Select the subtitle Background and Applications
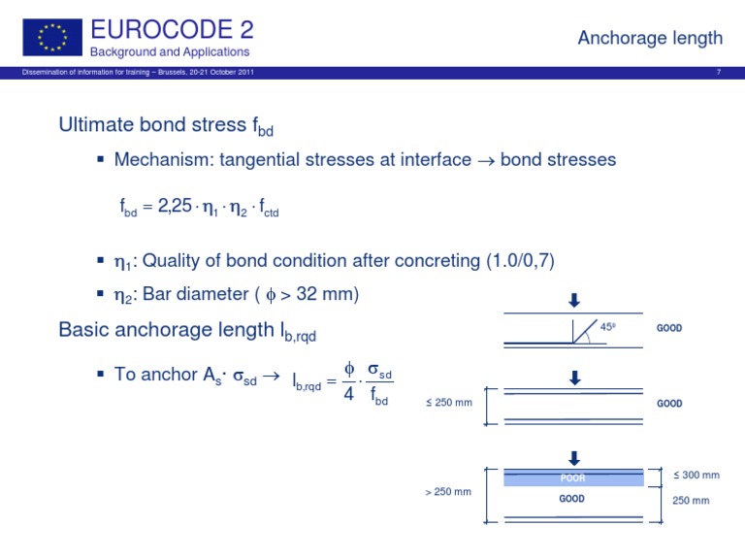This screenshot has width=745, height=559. coord(170,51)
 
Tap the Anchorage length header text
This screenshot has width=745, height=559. coord(650,38)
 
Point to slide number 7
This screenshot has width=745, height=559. coord(718,72)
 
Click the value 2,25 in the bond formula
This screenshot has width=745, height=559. coord(175,206)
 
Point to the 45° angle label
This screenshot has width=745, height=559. coord(608,327)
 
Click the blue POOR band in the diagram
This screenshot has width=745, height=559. coord(573,478)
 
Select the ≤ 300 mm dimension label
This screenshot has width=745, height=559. coord(696,475)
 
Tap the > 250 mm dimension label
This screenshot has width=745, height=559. coord(447,491)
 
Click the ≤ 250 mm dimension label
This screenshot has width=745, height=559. coord(448,403)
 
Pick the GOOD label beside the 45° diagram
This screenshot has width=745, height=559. coord(669,328)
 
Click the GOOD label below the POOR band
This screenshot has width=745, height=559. coord(572,499)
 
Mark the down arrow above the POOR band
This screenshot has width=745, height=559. coord(573,458)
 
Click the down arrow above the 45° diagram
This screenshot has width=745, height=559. coord(573,303)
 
